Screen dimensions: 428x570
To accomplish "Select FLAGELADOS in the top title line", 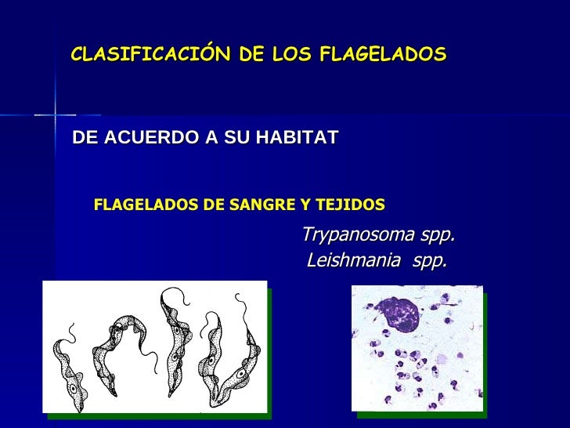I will (383, 54).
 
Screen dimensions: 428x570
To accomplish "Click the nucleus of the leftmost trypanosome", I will (73, 387).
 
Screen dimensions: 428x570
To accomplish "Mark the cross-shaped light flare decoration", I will (55, 115).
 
